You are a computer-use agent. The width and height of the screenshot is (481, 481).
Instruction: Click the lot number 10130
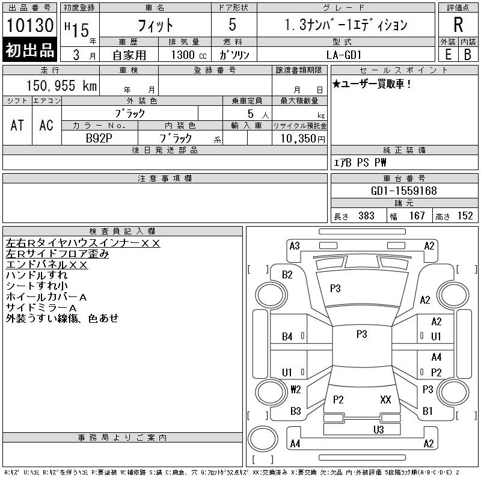pos(30,25)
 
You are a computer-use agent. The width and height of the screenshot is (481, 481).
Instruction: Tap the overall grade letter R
pos(458,25)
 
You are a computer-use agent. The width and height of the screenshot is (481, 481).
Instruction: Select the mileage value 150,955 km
pos(61,85)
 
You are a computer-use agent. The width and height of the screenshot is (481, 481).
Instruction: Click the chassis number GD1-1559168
pos(403,191)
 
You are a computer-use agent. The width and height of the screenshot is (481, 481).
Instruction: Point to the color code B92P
pos(99,138)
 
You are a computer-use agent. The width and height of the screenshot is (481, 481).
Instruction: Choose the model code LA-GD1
pos(344,55)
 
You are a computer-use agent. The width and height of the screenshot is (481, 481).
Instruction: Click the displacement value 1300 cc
pos(189,55)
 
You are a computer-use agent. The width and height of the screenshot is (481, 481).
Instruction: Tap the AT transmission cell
pos(17,125)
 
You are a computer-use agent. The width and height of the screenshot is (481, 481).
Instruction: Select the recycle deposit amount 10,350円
pos(303,139)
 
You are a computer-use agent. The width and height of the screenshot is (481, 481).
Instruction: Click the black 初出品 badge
pos(29,50)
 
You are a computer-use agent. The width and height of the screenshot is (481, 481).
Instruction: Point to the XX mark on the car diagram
pos(385,399)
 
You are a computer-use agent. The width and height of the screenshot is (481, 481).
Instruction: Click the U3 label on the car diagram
pos(379,429)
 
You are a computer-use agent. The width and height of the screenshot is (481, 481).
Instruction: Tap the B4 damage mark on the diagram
pos(287,337)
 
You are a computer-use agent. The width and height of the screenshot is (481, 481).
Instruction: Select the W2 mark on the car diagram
pos(296,389)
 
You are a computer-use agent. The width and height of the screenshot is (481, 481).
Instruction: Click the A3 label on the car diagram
pos(295,246)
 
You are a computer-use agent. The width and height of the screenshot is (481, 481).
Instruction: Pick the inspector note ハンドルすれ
pos(37,275)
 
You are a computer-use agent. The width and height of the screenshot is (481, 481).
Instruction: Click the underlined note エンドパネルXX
pos(47,265)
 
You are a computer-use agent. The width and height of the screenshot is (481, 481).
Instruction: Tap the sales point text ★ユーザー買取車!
pos(372,84)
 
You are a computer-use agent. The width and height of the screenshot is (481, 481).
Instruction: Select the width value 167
pos(417,216)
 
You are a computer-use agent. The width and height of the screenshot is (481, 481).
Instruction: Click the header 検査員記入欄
pos(122,231)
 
